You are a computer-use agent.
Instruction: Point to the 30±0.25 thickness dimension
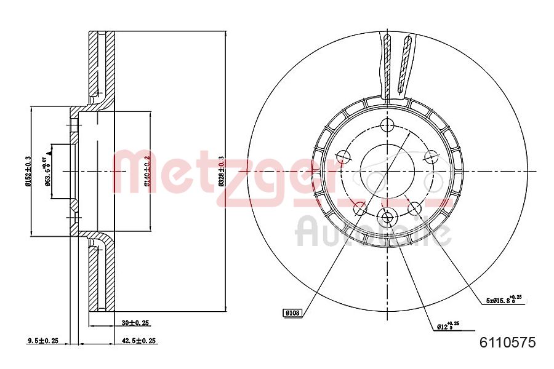click(135, 322)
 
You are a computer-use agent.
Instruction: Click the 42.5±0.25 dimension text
click(138, 340)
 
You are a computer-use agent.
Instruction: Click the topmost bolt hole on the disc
click(387, 126)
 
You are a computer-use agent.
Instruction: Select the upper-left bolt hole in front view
click(342, 158)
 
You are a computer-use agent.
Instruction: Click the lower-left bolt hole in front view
click(359, 208)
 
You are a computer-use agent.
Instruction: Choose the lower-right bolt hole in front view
click(415, 208)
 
